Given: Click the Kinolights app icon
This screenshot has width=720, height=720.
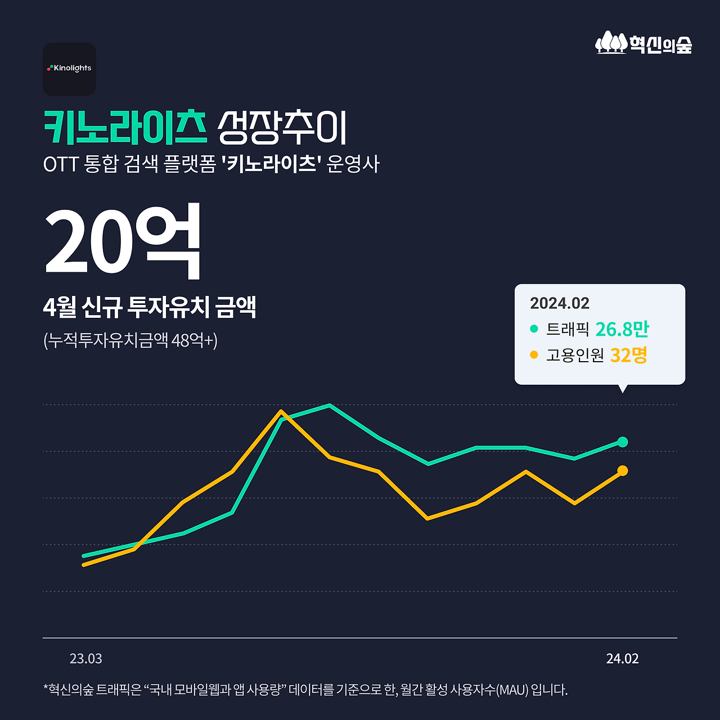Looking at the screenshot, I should pyautogui.click(x=69, y=69).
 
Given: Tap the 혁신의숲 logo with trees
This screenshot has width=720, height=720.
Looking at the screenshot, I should pyautogui.click(x=643, y=43).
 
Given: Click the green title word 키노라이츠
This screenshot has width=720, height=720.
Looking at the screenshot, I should pyautogui.click(x=125, y=128).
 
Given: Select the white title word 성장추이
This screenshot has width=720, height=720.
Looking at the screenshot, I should pyautogui.click(x=282, y=128).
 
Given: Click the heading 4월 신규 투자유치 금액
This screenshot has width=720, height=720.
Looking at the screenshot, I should pyautogui.click(x=150, y=307).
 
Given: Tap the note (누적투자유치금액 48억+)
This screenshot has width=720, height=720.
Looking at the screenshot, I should pyautogui.click(x=130, y=340).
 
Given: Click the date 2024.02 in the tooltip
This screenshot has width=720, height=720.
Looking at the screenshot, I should pyautogui.click(x=559, y=303).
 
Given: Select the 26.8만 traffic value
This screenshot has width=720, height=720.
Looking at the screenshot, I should pyautogui.click(x=622, y=329).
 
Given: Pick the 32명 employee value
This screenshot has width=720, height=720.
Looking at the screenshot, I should pyautogui.click(x=628, y=355).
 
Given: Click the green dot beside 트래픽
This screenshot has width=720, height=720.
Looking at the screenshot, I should pyautogui.click(x=534, y=328).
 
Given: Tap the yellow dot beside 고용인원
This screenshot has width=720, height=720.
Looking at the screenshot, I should pyautogui.click(x=534, y=355).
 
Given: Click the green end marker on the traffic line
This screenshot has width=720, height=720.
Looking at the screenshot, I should pyautogui.click(x=622, y=442).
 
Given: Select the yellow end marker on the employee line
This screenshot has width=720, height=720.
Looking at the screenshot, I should pyautogui.click(x=622, y=470).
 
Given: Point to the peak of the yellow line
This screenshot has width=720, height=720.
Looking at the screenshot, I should pyautogui.click(x=281, y=411).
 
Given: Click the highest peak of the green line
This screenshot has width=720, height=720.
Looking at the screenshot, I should pyautogui.click(x=329, y=405).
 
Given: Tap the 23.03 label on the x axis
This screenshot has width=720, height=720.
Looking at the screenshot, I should pyautogui.click(x=85, y=659).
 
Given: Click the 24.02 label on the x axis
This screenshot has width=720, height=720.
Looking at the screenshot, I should pyautogui.click(x=622, y=659).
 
